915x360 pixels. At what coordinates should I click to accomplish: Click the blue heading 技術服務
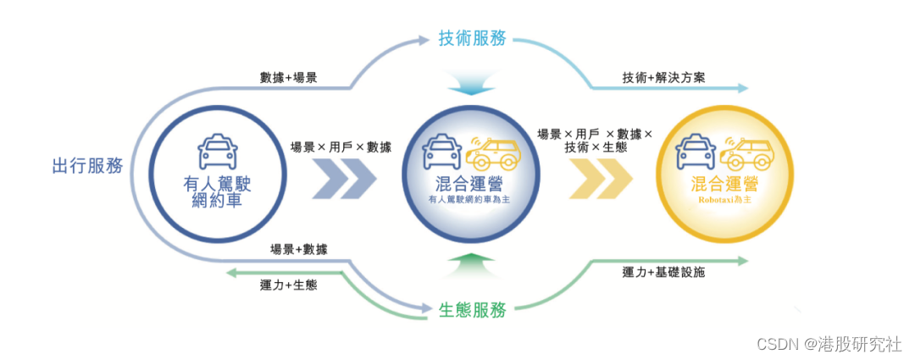pyautogui.click(x=473, y=38)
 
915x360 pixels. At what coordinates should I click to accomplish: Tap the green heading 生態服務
pyautogui.click(x=473, y=310)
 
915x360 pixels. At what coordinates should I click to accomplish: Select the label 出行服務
pyautogui.click(x=88, y=166)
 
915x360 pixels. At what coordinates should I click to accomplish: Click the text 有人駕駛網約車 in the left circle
pyautogui.click(x=217, y=192)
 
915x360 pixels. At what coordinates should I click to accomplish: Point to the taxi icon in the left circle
pyautogui.click(x=217, y=153)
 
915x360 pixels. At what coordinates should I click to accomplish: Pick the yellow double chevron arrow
pyautogui.click(x=602, y=179)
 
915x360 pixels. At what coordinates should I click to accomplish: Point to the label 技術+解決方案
pyautogui.click(x=664, y=78)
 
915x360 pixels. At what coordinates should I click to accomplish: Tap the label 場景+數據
pyautogui.click(x=299, y=249)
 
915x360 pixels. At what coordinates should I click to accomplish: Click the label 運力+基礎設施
pyautogui.click(x=663, y=272)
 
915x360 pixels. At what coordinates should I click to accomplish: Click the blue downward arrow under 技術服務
pyautogui.click(x=471, y=86)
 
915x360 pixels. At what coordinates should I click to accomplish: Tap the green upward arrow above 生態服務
pyautogui.click(x=471, y=266)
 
